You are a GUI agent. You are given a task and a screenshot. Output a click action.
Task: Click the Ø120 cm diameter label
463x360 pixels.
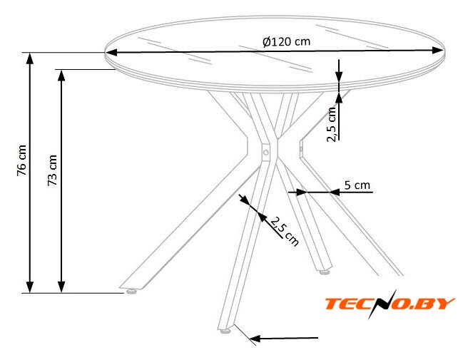pos(286,41)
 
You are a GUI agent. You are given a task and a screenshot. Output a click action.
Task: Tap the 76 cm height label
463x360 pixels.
pos(22,160)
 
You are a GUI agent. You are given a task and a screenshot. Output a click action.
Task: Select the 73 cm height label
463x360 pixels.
pos(52,170)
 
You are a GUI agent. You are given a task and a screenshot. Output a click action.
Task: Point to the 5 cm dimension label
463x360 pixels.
pos(357,185)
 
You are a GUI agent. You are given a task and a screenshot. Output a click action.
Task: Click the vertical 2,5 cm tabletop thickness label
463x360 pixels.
pos(332,125)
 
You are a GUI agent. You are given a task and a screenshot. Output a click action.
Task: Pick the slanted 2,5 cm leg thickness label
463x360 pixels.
pos(284,232)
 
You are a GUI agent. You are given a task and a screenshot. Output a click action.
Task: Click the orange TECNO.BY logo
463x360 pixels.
pos(390,304)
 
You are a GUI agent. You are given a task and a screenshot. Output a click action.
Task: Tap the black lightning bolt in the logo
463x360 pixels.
pos(382,304)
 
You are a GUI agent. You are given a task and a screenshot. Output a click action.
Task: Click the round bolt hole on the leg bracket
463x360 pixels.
pos(266,153)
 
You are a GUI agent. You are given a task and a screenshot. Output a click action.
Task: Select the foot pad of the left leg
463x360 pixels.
pos(131,292)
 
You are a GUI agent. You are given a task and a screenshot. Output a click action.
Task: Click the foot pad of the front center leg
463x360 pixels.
pos(225,331)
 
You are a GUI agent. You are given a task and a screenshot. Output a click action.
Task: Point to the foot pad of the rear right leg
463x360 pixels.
pos(324,272)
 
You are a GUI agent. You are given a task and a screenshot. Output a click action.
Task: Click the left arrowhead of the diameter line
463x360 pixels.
pos(111,53)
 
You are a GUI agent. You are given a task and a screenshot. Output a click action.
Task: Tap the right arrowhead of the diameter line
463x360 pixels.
pos(437,51)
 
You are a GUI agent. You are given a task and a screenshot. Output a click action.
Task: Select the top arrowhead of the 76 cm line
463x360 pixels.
pos(30,58)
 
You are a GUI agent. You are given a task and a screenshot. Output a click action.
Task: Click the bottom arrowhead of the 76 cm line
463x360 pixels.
pos(30,287)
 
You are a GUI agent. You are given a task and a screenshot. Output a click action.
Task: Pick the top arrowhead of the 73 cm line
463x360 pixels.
pos(61,76)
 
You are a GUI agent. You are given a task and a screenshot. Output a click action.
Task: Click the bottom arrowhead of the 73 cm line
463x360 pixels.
pos(61,287)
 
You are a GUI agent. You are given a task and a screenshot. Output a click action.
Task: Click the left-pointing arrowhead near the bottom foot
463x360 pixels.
pos(255,339)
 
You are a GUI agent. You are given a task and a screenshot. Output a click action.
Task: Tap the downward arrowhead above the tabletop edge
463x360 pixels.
pos(339,76)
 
